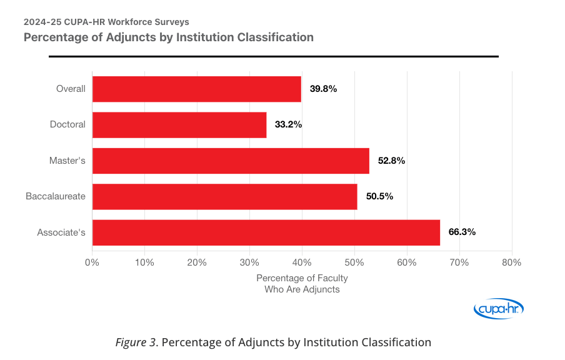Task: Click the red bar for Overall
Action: point(197,89)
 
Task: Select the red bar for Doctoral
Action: point(179,124)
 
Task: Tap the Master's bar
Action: point(231,161)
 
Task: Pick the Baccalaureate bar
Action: point(225,196)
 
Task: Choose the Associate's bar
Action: point(266,232)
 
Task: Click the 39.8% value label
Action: point(323,89)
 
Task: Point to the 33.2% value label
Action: point(288,124)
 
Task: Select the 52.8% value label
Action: point(391,161)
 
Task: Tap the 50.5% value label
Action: point(379,196)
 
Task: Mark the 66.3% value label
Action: point(462,232)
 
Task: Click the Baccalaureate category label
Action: point(56,196)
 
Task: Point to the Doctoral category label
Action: point(67,124)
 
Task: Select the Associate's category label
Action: point(61,232)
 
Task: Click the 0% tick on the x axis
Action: point(92,262)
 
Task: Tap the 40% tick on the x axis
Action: point(302,262)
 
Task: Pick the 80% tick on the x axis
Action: point(511,262)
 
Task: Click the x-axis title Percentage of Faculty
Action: point(302,277)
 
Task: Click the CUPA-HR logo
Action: point(499,309)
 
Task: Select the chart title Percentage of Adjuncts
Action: point(169,37)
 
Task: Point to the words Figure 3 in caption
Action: point(136,342)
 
